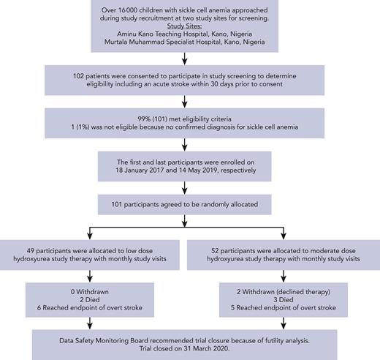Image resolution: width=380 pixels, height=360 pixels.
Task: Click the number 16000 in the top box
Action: pyautogui.click(x=136, y=6)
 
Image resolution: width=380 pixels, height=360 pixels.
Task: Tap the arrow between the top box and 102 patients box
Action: pyautogui.click(x=189, y=58)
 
